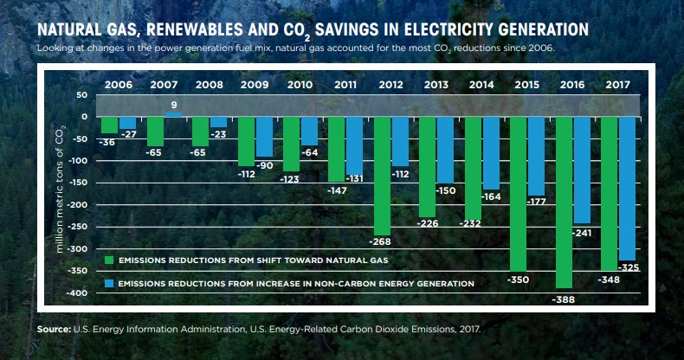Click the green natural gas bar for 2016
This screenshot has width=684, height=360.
tap(565, 208)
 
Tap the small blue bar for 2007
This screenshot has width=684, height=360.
tap(173, 114)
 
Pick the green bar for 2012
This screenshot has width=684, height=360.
tap(382, 173)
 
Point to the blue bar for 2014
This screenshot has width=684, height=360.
tap(491, 152)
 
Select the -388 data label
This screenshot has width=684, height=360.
tap(564, 299)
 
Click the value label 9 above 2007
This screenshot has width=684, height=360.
tap(174, 105)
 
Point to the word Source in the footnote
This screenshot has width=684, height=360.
tap(54, 329)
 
